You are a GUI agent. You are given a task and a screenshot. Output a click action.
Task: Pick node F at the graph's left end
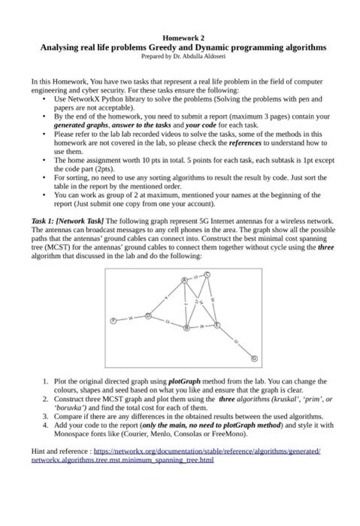[x=113, y=319]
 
